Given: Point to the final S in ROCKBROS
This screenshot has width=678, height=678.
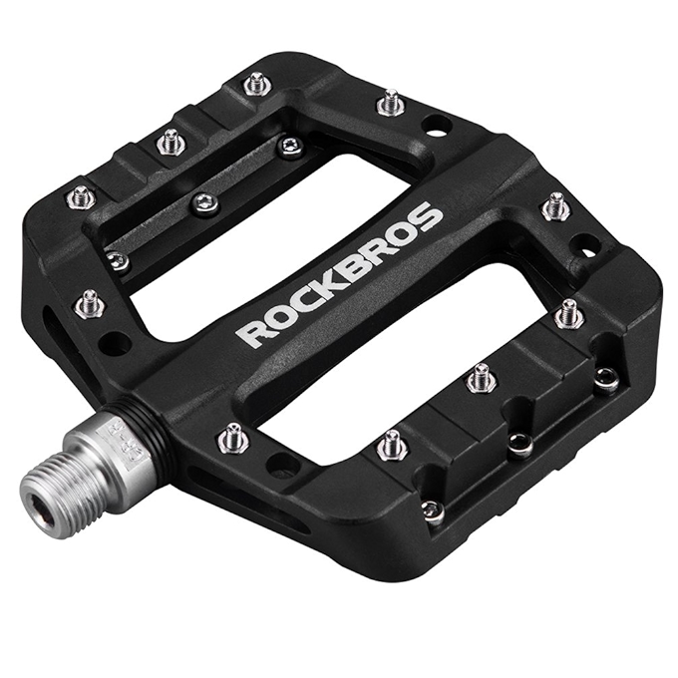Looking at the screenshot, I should pyautogui.click(x=430, y=218).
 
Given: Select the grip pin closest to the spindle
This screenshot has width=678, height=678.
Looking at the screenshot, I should pyautogui.click(x=231, y=436).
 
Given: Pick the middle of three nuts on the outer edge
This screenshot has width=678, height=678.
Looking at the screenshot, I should pyautogui.click(x=520, y=445).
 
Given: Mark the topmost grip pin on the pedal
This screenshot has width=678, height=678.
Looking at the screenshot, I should pyautogui.click(x=257, y=83).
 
